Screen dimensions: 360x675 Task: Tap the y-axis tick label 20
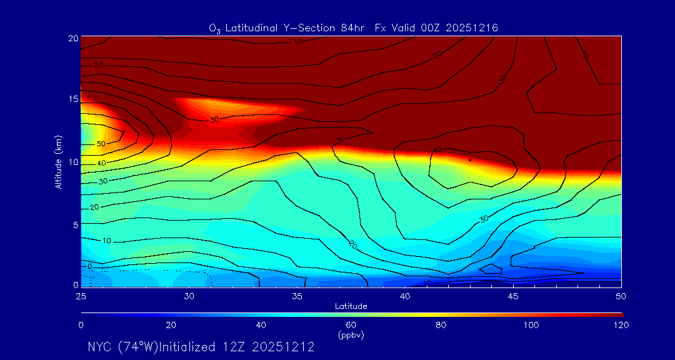point(73,38)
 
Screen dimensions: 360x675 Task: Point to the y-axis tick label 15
point(73,100)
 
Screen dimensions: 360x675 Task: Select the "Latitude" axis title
point(351,306)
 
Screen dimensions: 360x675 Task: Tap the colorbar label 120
point(621,325)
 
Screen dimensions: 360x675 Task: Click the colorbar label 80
point(441,325)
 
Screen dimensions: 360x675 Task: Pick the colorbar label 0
point(81,325)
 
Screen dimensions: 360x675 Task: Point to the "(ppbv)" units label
point(351,335)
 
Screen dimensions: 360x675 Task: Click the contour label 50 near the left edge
point(101,144)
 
